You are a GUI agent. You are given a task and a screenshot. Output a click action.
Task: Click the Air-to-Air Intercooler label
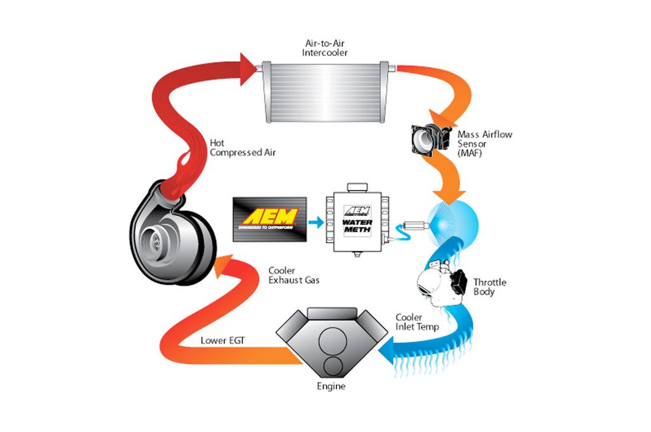point(326,48)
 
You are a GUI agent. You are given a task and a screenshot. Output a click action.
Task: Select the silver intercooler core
point(325,91)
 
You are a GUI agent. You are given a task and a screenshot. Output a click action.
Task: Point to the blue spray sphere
point(452,223)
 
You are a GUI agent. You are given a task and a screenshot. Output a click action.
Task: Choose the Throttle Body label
point(490,287)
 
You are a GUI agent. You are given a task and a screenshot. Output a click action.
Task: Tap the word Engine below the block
point(332,386)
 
